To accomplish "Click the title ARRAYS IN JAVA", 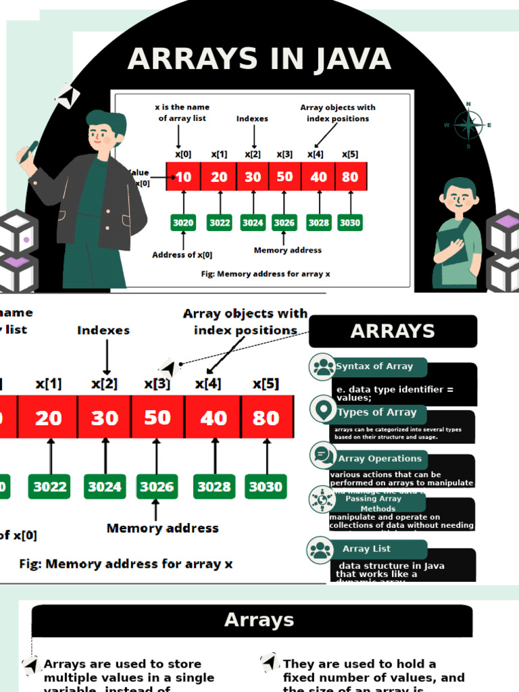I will click(x=259, y=59).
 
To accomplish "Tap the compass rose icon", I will click(x=468, y=125).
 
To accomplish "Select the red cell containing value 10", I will click(x=183, y=177).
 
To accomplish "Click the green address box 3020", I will click(x=183, y=222).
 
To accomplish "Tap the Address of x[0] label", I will click(x=182, y=255).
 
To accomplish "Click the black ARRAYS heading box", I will click(x=393, y=331).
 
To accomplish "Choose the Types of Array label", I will click(x=376, y=412).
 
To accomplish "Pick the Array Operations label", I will click(x=379, y=458).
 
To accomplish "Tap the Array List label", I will click(x=366, y=549).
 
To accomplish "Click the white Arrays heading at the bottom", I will click(x=259, y=620).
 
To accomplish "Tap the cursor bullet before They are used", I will click(x=270, y=662).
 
